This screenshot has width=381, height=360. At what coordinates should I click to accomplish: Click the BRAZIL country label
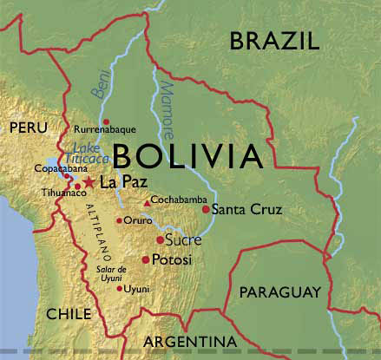[274, 41]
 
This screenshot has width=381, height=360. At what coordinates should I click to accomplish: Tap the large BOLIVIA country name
[187, 157]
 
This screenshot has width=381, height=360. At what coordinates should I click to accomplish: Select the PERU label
[27, 128]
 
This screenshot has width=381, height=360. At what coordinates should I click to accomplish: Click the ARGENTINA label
[190, 341]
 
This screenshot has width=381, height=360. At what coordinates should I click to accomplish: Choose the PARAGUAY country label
[279, 291]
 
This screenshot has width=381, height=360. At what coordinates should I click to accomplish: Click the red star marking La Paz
[89, 183]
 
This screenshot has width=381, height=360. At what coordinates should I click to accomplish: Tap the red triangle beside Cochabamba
[147, 203]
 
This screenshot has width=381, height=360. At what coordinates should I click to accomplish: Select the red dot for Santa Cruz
[206, 209]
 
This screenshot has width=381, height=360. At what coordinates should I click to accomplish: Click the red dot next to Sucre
[160, 239]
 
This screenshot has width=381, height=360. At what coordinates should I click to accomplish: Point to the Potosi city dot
[145, 259]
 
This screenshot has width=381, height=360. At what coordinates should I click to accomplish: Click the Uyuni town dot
[120, 288]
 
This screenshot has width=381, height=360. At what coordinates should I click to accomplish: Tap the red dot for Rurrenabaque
[106, 121]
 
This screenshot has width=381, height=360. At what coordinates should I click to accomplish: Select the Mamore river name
[167, 104]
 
